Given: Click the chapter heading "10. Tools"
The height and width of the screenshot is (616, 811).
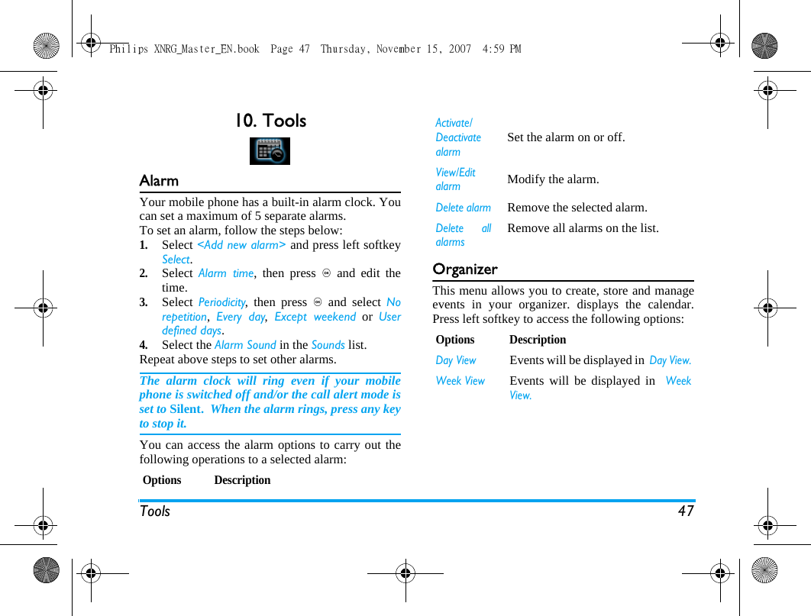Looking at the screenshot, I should pos(270,121).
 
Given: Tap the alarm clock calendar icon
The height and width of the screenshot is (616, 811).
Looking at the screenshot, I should pos(270,151).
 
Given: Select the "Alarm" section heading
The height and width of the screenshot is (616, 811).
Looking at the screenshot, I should pos(159,181).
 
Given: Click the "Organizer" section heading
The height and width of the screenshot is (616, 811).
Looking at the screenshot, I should pos(464,269).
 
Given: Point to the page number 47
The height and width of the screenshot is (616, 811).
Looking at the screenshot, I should pos(686,511).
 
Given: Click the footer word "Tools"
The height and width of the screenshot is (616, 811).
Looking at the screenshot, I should pos(155,511).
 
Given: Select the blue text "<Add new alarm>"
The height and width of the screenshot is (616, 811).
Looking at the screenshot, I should pos(241,245).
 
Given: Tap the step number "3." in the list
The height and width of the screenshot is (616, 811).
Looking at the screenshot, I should pos(144,302).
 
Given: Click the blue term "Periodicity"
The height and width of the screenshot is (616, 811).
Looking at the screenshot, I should pos(221,302).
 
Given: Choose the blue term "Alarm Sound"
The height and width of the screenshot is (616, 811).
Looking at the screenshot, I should pos(245,345).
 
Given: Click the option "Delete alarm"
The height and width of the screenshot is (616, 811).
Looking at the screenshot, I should pos(463,208).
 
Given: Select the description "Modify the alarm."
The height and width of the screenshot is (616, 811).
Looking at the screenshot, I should pos(553,179).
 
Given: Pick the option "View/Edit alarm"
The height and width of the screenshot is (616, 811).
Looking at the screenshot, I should pos(455,179).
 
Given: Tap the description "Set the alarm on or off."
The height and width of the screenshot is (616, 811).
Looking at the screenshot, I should pos(566,137).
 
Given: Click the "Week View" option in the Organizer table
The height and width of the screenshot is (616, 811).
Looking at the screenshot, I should pos(460,381).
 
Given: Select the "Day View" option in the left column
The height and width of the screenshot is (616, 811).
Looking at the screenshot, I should pos(455,360).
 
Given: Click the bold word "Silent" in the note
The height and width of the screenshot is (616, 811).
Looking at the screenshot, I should pos(185,409).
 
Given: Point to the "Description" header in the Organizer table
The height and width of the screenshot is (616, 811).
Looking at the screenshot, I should pos(538,340).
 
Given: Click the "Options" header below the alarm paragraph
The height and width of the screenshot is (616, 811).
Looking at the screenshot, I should pos(162,480).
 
